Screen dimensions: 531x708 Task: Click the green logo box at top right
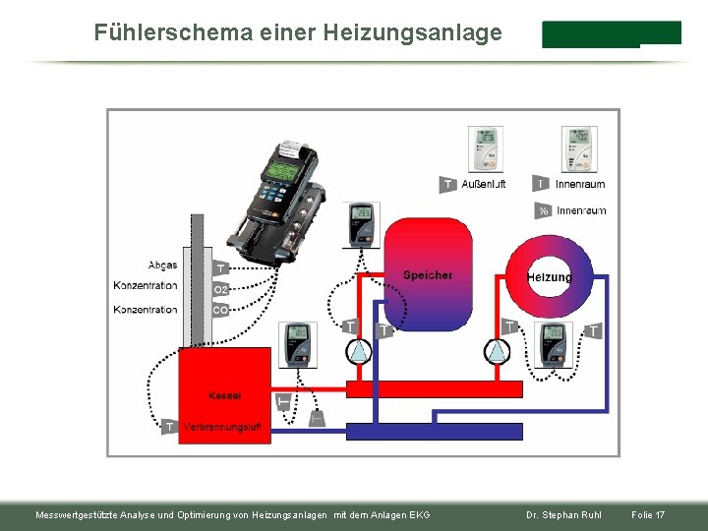click(x=611, y=33)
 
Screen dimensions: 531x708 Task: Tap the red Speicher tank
click(x=427, y=275)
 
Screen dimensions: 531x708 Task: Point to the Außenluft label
click(x=484, y=184)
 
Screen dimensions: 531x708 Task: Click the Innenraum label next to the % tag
click(x=581, y=210)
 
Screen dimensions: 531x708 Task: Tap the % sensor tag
click(x=543, y=210)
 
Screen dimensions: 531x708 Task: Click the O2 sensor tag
click(x=221, y=289)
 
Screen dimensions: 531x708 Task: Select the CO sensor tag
click(x=220, y=310)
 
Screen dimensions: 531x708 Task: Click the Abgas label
click(x=162, y=265)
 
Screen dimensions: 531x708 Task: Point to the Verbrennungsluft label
click(x=222, y=427)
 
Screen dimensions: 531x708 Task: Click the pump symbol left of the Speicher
click(x=360, y=351)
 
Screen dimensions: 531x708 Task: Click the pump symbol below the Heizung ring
click(x=499, y=351)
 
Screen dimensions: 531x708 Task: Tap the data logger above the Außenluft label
click(x=485, y=148)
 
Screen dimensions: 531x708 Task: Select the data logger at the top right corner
click(x=578, y=148)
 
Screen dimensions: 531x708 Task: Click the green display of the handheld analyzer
click(x=280, y=171)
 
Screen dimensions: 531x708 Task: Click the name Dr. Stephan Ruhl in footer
click(x=563, y=515)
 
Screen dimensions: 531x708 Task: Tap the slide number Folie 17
click(x=648, y=515)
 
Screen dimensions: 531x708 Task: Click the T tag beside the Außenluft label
click(x=447, y=184)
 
